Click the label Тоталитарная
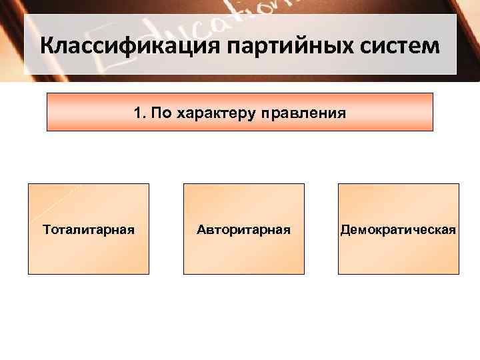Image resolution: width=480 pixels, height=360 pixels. (89, 230)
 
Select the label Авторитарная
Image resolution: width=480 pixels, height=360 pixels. (243, 230)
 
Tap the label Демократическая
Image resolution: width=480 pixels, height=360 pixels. (398, 230)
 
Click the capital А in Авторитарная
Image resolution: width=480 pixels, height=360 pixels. (201, 230)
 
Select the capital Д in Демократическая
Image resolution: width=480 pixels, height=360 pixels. (345, 230)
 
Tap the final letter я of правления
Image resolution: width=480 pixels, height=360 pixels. (342, 113)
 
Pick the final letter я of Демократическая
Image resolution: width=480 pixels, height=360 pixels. (453, 231)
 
